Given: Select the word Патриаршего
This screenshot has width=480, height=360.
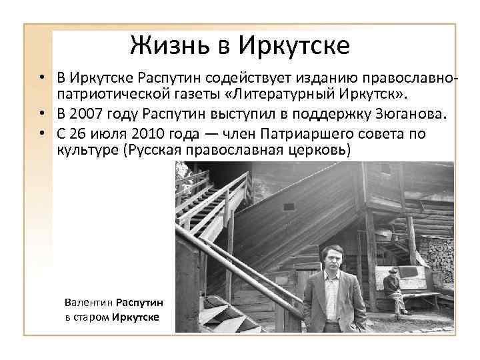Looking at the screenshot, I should click(x=297, y=134).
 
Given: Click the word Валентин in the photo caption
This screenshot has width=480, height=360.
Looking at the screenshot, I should click(x=89, y=303).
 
